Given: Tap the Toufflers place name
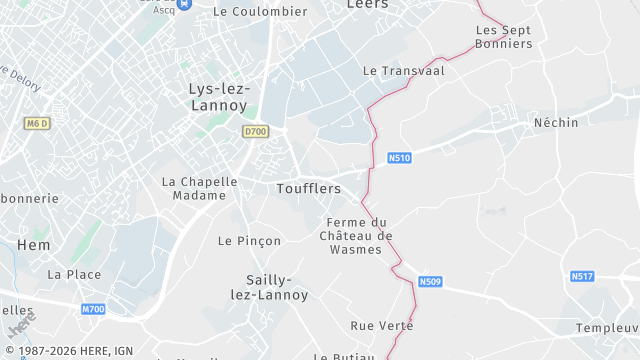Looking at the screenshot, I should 308,188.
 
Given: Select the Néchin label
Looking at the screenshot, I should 556,122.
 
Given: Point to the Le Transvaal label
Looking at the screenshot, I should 403,71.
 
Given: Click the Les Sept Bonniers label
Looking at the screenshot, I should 503,37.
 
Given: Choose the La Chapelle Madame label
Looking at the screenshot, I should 200,188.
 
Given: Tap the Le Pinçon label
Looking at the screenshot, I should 249,241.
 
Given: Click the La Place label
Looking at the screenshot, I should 74,274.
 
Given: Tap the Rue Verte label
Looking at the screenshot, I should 381,326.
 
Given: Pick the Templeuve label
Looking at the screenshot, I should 608,328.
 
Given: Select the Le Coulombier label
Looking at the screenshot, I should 260,12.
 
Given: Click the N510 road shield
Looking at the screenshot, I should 400,158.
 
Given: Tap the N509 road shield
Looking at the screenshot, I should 430,282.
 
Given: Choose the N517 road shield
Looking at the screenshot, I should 582,276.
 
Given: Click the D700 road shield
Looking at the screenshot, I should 255,131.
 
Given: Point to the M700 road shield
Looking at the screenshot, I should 93,309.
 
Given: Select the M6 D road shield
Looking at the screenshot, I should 37,123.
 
